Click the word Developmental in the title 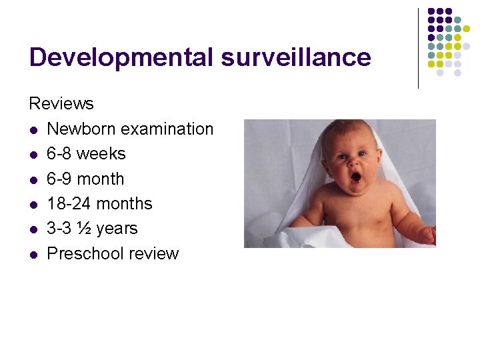(x=121, y=58)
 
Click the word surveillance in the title (x=296, y=57)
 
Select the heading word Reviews (x=61, y=103)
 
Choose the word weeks (x=101, y=154)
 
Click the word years (x=117, y=229)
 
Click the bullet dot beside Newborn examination (x=33, y=129)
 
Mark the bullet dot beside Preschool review (x=33, y=254)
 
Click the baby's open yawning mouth (x=356, y=177)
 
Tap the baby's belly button (x=361, y=230)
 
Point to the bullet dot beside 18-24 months (x=33, y=204)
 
